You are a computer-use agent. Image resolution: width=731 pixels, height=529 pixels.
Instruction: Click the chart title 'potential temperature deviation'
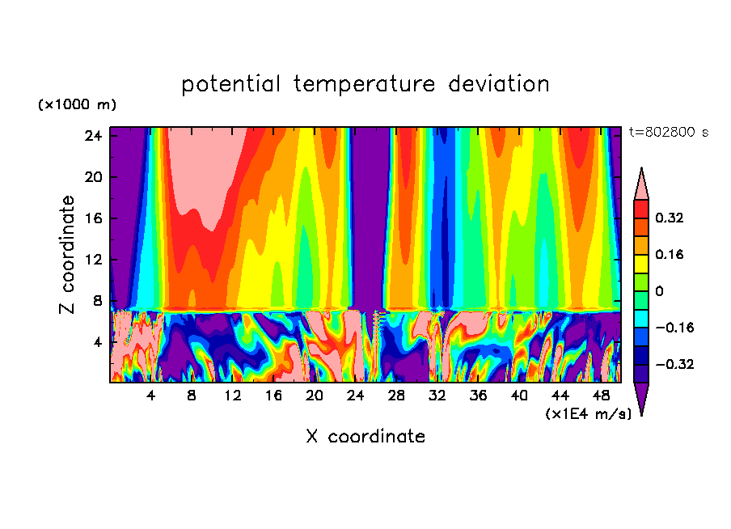tap(365, 84)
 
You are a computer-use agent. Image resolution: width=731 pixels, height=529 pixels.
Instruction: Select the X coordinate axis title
tap(365, 437)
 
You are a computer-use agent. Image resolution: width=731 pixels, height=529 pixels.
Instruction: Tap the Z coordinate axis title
tap(68, 255)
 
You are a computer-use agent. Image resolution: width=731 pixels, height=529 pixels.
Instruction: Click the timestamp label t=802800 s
tap(668, 132)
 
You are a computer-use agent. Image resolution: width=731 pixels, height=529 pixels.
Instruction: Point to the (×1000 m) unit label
tap(77, 105)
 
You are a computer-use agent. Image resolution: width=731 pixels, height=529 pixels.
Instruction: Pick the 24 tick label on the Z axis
tap(91, 136)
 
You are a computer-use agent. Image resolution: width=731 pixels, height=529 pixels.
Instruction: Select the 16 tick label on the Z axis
tap(91, 218)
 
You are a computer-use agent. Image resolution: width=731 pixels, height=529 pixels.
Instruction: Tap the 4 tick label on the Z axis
tap(95, 342)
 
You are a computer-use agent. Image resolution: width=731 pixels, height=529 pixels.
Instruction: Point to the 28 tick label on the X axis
tap(396, 396)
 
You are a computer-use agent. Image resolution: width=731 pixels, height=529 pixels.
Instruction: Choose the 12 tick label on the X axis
tap(233, 396)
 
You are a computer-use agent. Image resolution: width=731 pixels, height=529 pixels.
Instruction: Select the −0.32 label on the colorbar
tap(674, 364)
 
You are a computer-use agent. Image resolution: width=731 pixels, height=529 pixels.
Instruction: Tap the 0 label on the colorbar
tap(660, 290)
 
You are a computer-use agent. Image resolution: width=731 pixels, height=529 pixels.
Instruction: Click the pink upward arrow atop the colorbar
tap(641, 184)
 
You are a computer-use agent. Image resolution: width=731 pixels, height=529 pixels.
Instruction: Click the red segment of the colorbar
tap(641, 209)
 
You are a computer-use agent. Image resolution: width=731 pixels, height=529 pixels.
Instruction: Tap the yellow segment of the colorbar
tap(641, 263)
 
